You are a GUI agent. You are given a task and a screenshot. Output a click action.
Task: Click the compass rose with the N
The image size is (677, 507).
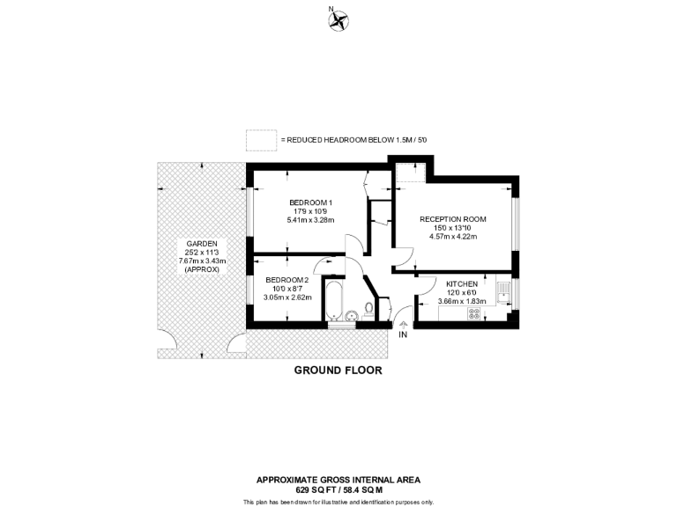(x=338, y=20)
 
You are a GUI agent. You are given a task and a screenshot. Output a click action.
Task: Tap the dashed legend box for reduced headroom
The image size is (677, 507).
(x=260, y=140)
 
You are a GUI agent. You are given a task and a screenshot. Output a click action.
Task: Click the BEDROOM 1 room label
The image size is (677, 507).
(x=310, y=202)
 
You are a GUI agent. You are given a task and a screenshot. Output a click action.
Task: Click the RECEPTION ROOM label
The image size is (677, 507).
(x=452, y=218)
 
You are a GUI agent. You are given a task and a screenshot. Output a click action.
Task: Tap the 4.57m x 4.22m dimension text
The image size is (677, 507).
(x=452, y=235)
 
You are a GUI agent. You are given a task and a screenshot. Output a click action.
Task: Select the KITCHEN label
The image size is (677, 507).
(x=462, y=284)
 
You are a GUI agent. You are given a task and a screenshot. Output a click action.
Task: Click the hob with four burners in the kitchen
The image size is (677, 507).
(x=473, y=312)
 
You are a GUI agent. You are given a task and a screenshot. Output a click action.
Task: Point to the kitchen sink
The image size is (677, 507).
(x=503, y=290)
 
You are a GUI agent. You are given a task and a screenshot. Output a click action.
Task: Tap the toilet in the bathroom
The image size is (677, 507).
(x=368, y=310)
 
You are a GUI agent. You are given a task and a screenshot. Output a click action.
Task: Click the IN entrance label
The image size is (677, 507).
(x=403, y=335)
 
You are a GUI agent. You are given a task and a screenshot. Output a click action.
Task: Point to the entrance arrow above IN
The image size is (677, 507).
(x=403, y=325)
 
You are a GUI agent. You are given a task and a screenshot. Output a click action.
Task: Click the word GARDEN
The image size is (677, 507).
(x=202, y=243)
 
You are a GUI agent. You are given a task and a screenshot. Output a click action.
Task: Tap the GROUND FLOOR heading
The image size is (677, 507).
(x=338, y=371)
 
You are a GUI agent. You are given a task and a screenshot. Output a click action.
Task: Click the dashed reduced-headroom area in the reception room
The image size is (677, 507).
(x=411, y=173)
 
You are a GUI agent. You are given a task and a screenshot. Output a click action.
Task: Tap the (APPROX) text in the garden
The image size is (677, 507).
(x=202, y=269)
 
